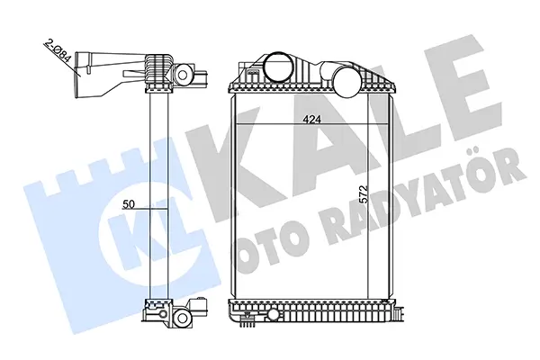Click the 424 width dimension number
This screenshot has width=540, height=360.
point(311,119)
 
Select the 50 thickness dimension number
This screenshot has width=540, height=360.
point(129,204)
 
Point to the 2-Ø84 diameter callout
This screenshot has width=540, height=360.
point(58,52)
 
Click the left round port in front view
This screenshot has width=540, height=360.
point(279,66)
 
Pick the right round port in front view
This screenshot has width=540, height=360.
point(347,82)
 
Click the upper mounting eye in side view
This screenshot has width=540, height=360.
point(183,75)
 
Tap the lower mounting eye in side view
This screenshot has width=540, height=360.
point(182,317)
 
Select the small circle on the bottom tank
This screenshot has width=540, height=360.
point(274,313)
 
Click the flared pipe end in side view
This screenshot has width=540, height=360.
point(81,74)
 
